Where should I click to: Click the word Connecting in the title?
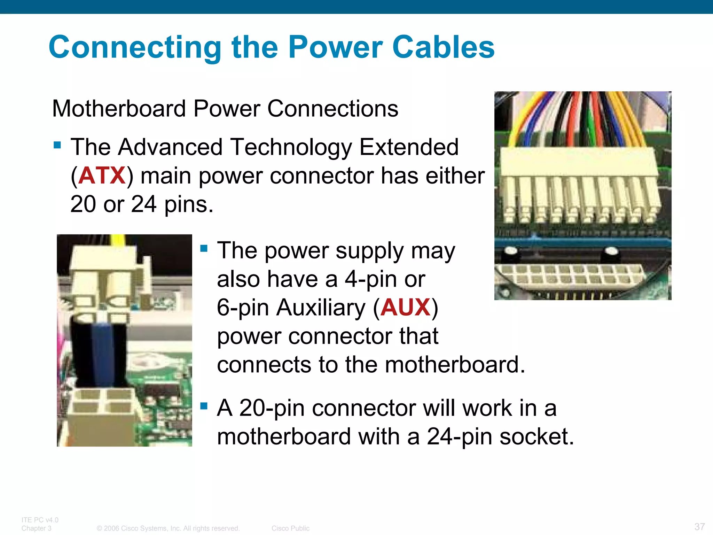click(135, 48)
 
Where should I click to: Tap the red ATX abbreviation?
click(102, 175)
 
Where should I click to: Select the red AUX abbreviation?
click(405, 307)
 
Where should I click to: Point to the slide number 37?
click(699, 526)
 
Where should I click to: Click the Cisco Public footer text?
click(290, 528)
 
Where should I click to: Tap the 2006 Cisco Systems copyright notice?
click(168, 528)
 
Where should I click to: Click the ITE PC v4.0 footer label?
click(40, 520)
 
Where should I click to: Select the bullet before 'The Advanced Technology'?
click(57, 145)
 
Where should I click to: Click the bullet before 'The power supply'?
click(204, 248)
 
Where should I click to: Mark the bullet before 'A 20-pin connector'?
click(204, 406)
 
